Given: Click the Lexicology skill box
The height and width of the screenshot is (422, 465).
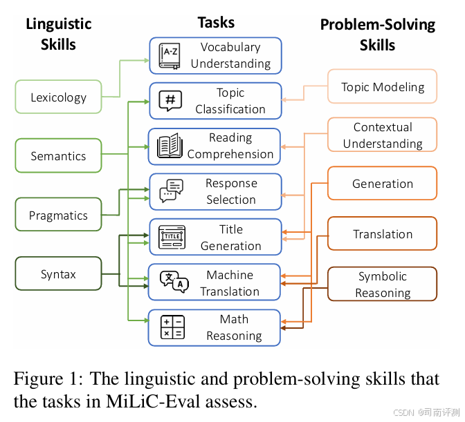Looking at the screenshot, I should click(x=58, y=97).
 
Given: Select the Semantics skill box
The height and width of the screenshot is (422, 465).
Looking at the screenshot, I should click(x=58, y=156).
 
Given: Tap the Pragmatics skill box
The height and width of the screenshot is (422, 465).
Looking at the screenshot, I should click(x=58, y=215).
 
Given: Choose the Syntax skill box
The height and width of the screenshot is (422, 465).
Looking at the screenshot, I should click(x=58, y=274).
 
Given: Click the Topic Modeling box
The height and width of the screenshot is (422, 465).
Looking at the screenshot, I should click(x=383, y=88).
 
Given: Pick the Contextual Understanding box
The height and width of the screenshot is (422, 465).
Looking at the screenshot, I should click(x=383, y=135).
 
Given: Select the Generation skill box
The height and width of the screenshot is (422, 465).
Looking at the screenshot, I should click(x=383, y=184).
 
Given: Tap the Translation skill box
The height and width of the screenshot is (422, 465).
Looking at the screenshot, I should click(x=383, y=234).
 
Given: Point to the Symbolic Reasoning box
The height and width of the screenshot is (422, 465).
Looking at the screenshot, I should click(x=383, y=285).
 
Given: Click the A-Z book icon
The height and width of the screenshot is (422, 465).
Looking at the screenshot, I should click(x=170, y=55).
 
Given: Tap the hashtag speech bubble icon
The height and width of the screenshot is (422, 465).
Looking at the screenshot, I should click(x=170, y=101).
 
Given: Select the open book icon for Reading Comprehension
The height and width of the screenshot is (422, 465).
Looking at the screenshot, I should click(x=170, y=146).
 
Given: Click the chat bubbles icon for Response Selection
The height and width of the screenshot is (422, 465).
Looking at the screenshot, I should click(x=170, y=191).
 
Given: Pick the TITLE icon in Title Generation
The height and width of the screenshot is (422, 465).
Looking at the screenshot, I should click(x=171, y=237).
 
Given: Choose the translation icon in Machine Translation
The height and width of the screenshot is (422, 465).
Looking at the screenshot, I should click(x=173, y=282).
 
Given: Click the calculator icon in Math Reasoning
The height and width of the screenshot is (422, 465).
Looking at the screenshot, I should click(x=172, y=327).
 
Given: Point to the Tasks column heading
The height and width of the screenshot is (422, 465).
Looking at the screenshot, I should click(x=216, y=22).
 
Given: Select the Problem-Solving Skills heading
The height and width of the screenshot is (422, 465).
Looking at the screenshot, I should click(x=377, y=35).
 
